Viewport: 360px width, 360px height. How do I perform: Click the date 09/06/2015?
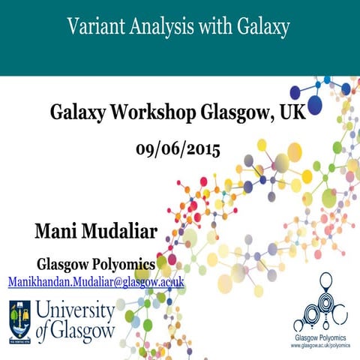(x=178, y=148)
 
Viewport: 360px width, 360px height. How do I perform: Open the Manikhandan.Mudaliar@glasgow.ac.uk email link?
(x=96, y=281)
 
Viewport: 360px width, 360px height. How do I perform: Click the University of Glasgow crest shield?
(x=20, y=322)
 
